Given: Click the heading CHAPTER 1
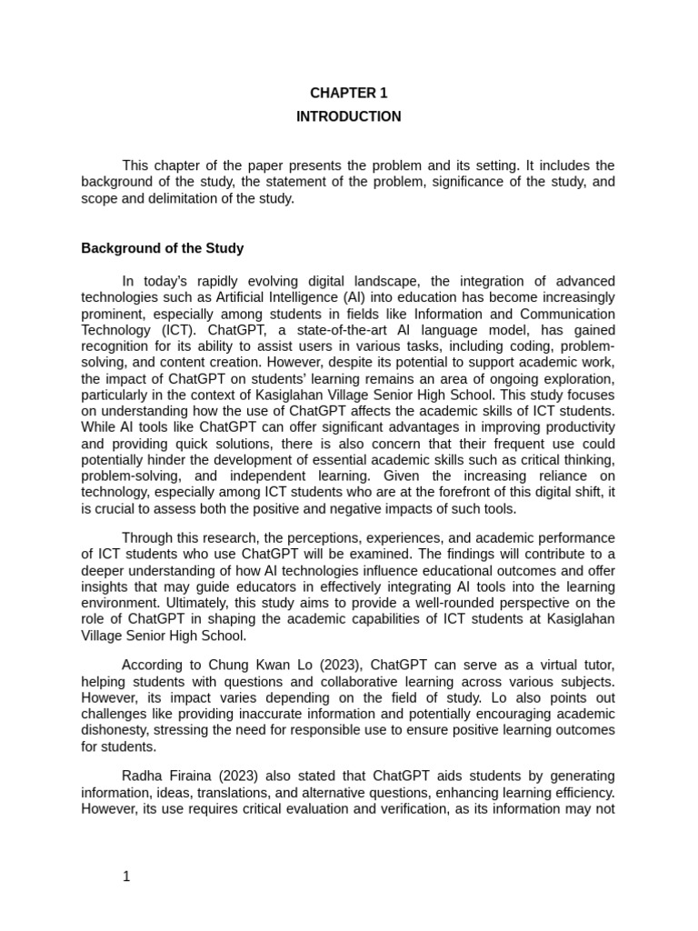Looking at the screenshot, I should click(x=348, y=93).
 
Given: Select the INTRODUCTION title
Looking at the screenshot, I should click(x=348, y=116).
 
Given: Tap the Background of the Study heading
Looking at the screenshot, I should click(x=162, y=247).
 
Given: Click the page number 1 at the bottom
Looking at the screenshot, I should click(x=127, y=876).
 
